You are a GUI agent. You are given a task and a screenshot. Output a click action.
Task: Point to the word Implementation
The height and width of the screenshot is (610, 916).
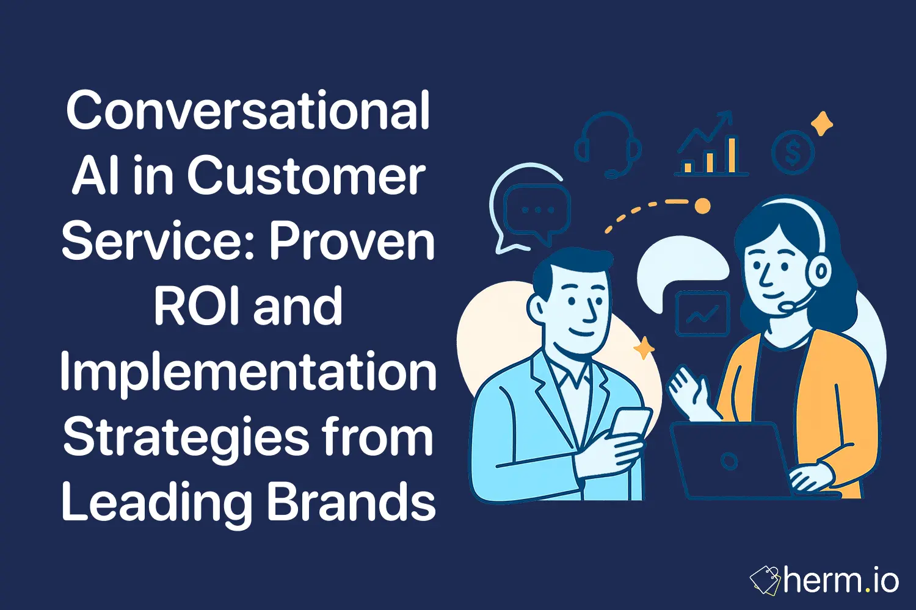248,373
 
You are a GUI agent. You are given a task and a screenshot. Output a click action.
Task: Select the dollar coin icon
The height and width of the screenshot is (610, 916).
792,153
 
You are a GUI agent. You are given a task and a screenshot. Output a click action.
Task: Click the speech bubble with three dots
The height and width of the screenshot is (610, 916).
537,210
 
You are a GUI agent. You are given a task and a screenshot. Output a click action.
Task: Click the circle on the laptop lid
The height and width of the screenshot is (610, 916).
729,461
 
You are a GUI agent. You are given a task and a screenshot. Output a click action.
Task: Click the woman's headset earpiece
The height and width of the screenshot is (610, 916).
821,268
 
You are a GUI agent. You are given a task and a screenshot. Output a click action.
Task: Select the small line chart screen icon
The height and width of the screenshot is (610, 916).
702,314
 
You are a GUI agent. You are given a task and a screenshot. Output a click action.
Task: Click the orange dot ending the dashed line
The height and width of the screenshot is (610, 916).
703,206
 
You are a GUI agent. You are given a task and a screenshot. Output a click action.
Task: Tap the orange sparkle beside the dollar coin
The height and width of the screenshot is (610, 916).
822,124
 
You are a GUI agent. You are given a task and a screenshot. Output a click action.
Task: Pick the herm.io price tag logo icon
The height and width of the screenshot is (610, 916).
765,580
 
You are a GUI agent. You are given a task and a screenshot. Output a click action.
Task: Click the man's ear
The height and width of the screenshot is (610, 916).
536,308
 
